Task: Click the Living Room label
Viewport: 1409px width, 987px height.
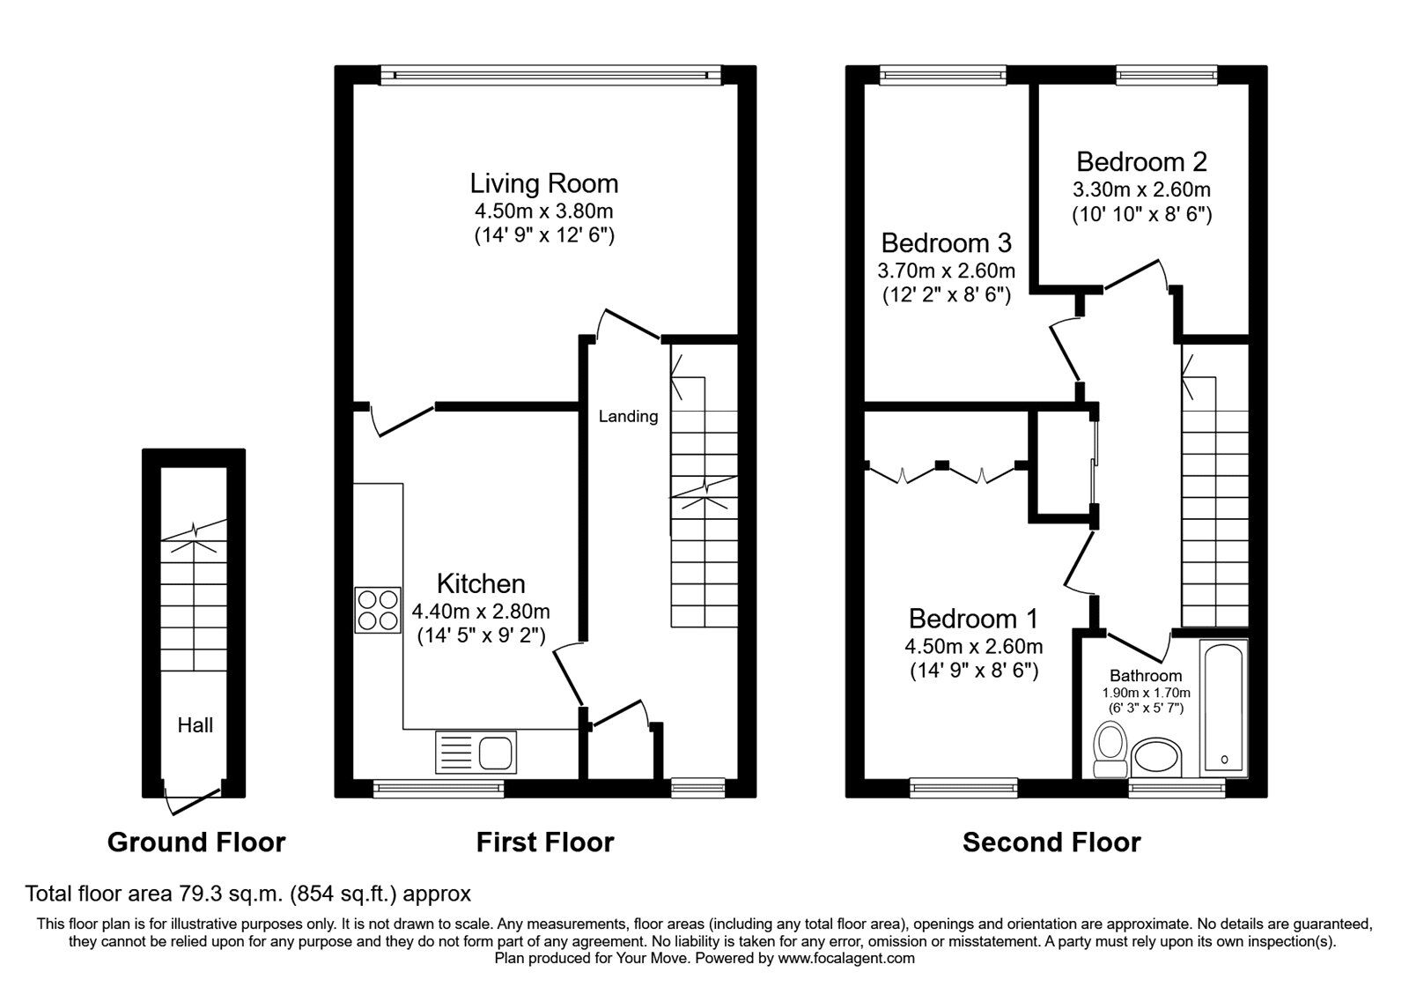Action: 543,183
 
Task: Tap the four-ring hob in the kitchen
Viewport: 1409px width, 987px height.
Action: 377,610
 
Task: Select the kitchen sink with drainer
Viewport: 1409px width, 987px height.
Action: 476,753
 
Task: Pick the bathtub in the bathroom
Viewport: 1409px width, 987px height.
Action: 1223,709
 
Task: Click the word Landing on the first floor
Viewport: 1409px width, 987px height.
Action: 628,416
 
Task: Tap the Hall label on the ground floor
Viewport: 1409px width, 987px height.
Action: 195,725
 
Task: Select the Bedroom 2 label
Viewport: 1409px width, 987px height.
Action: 1141,161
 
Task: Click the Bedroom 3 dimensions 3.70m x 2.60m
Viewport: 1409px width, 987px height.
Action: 946,270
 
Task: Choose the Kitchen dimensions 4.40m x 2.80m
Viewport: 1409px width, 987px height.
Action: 481,611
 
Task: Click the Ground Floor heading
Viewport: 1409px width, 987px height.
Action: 196,842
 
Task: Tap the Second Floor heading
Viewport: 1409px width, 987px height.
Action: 1051,842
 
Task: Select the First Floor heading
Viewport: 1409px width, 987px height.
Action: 544,842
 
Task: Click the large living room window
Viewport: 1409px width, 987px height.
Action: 551,76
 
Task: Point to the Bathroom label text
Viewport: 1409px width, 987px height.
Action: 1145,676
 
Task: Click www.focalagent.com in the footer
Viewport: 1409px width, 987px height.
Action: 846,957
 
